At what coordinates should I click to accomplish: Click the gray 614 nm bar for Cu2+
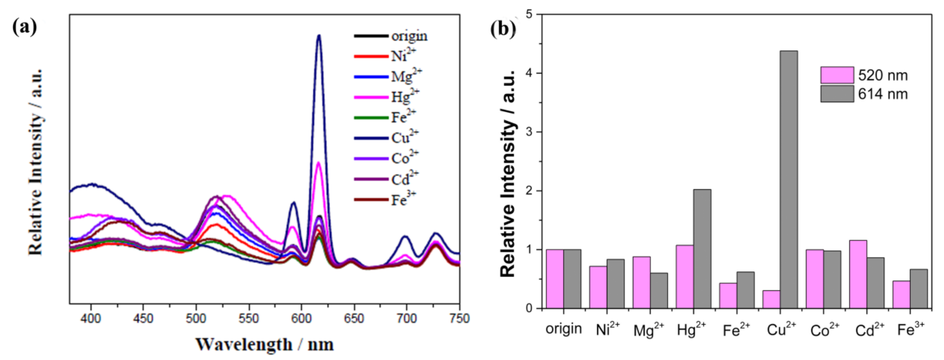[789, 180]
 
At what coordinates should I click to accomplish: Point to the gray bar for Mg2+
[658, 290]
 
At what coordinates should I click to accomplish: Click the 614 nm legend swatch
[837, 94]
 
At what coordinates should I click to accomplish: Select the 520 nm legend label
[883, 75]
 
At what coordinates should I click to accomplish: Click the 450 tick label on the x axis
[143, 318]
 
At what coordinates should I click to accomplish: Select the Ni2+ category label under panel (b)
[607, 329]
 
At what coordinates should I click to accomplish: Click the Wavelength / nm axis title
[264, 345]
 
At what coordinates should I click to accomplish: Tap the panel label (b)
[503, 28]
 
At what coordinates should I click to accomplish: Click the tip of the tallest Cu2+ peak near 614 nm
[319, 36]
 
